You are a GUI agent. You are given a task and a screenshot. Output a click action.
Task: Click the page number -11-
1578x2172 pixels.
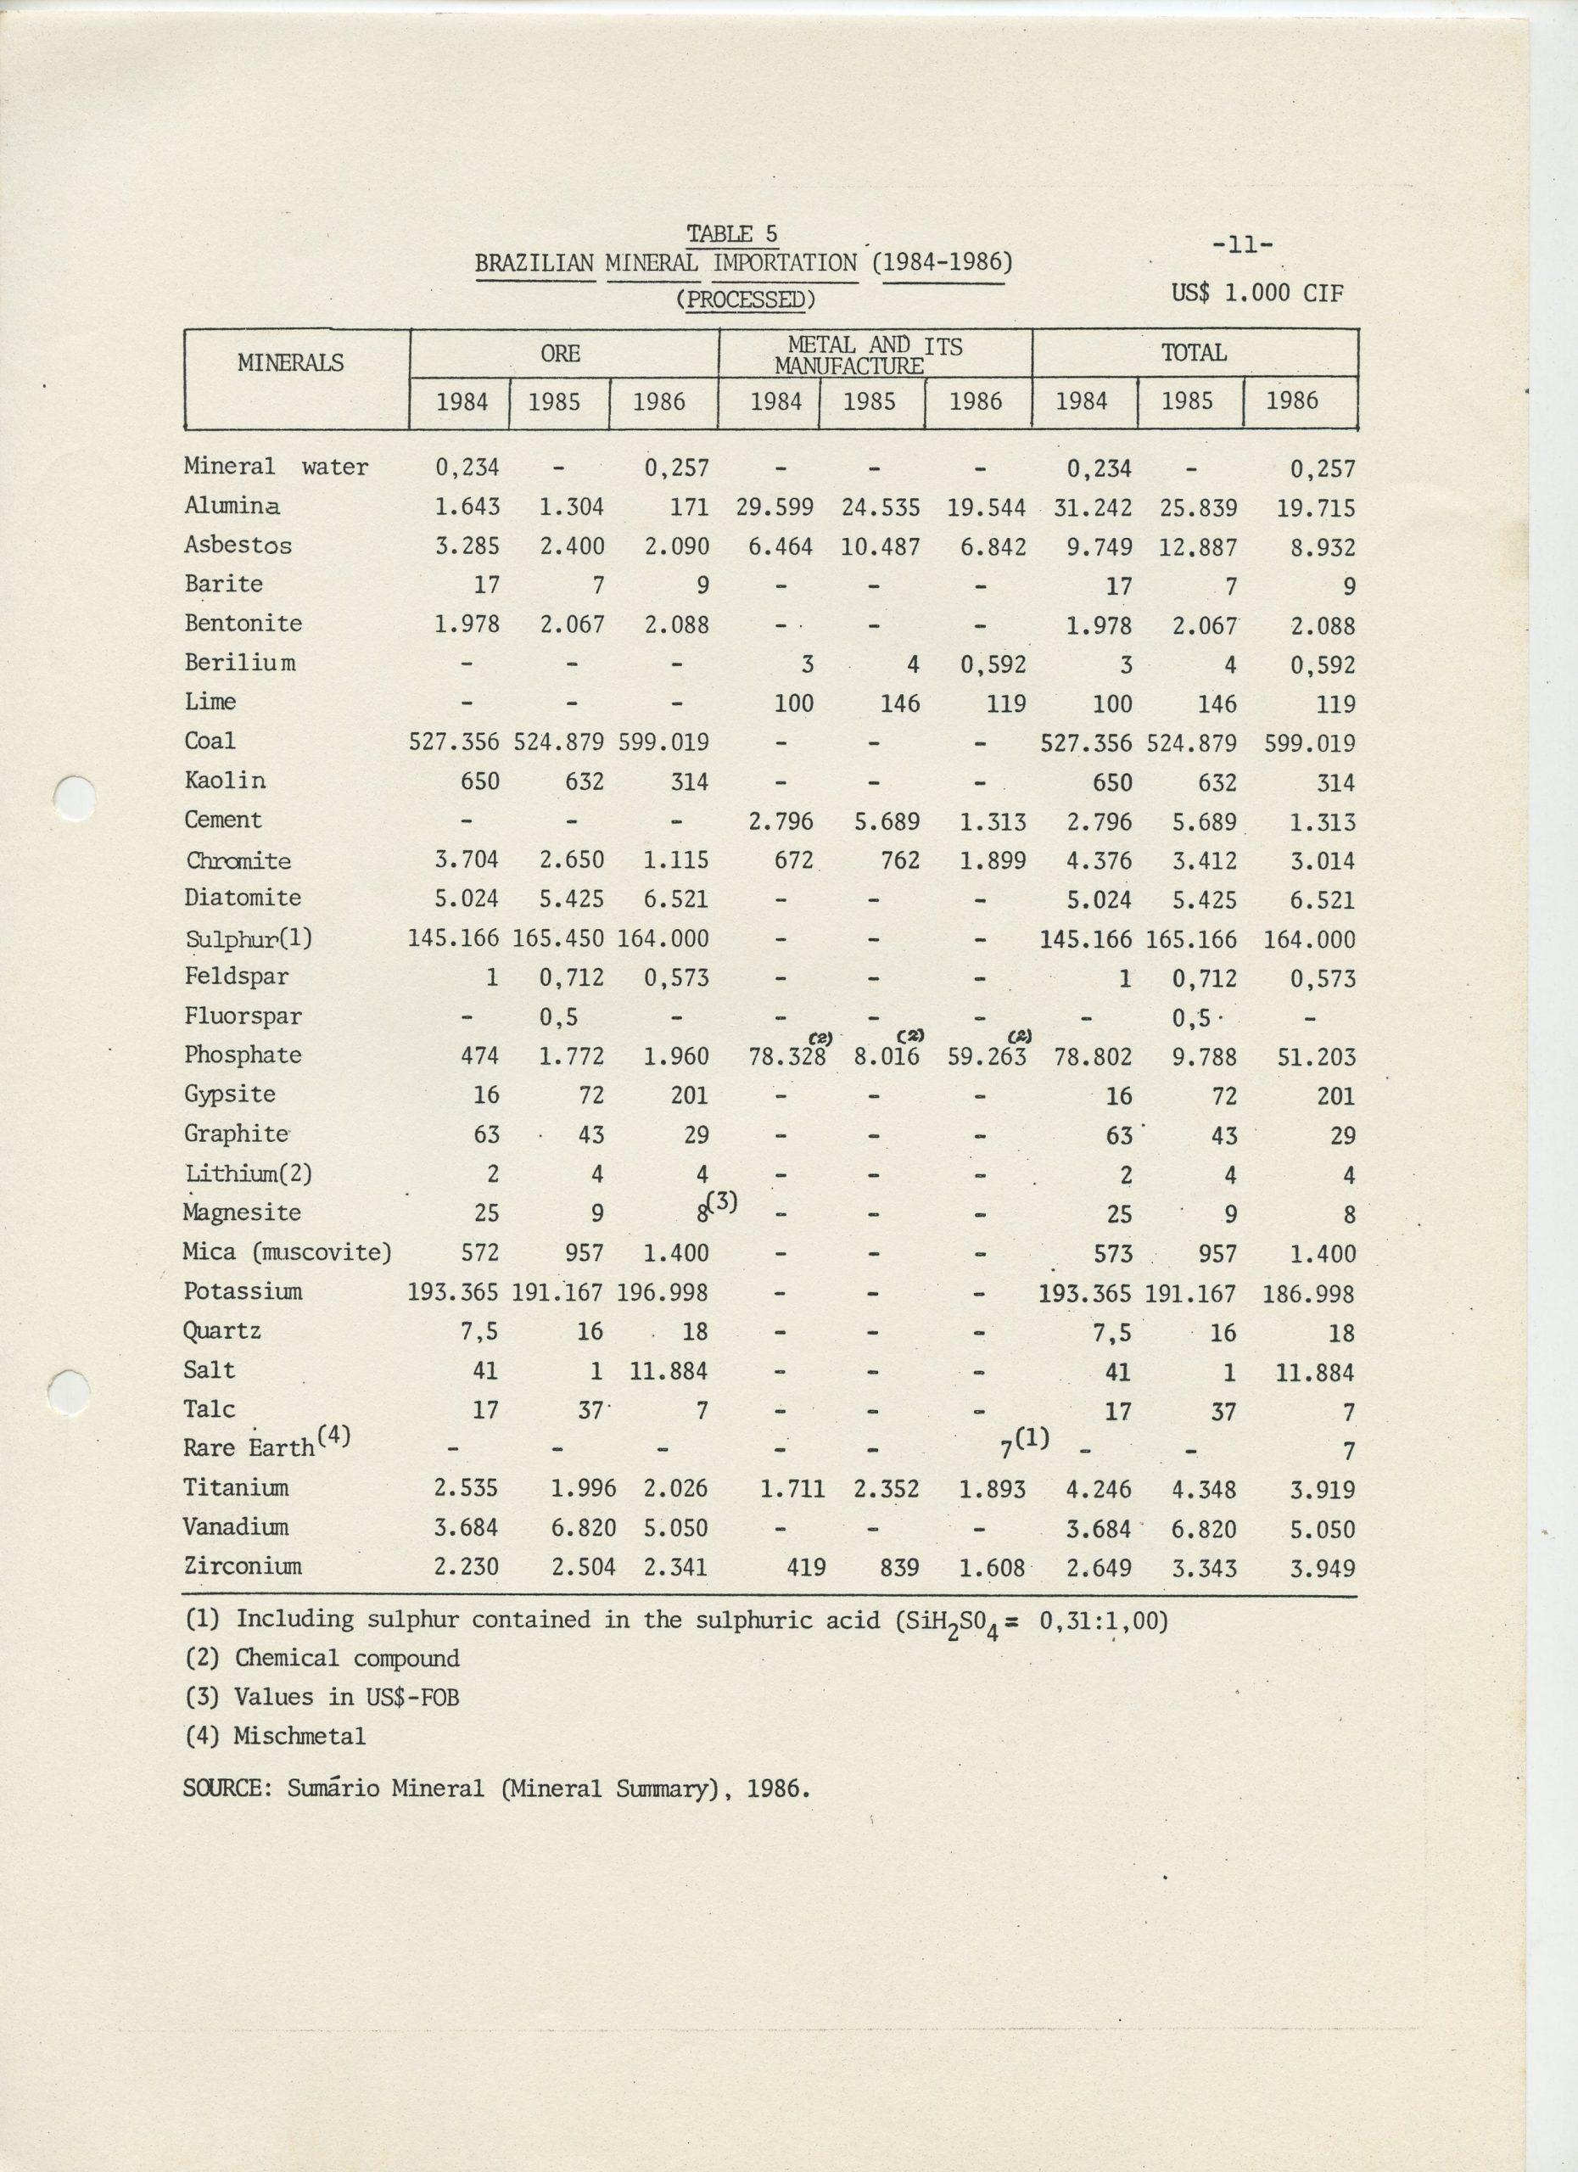pos(1242,245)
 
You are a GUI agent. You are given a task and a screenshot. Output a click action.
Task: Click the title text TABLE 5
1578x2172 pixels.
pos(731,233)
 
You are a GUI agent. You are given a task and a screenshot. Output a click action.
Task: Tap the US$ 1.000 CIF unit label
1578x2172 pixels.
pos(1257,292)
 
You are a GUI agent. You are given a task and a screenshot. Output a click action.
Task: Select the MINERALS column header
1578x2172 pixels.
pos(290,363)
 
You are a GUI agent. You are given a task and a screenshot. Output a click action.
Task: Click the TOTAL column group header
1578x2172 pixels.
pos(1194,354)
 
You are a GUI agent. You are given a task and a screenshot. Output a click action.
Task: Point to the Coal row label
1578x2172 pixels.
pos(210,742)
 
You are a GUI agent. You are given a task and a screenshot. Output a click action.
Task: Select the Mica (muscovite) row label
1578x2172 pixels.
pos(288,1252)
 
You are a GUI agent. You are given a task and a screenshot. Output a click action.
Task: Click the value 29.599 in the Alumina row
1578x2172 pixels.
pos(775,507)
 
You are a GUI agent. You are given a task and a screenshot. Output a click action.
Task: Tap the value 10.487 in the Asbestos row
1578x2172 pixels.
pos(880,547)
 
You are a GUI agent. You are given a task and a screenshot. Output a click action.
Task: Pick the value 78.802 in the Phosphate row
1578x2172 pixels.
pos(1093,1057)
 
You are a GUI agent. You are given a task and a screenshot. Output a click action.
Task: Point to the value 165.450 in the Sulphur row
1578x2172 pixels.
pos(558,938)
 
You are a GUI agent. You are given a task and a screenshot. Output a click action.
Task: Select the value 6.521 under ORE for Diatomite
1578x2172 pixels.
pos(676,899)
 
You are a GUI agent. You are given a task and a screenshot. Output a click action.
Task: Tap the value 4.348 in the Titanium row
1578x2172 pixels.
pos(1204,1490)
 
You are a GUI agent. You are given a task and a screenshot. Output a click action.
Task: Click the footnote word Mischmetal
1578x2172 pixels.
pos(299,1736)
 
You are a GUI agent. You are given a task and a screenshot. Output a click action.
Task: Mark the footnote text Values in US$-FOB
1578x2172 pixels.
pos(347,1698)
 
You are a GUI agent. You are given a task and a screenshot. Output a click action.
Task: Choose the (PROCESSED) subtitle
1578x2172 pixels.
pos(745,299)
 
